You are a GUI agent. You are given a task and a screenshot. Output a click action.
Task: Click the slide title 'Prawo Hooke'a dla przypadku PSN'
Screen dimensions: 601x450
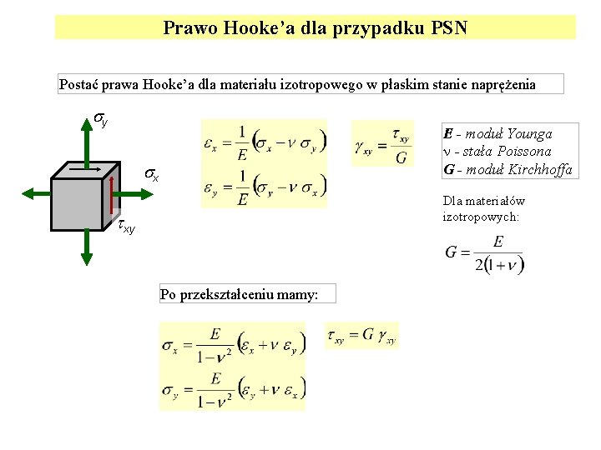316,28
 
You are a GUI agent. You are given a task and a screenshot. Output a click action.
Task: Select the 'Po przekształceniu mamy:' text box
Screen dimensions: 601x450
239,294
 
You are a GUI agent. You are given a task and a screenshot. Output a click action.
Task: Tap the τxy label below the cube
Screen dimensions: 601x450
126,226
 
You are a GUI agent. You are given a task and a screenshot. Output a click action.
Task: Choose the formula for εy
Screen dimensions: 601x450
264,188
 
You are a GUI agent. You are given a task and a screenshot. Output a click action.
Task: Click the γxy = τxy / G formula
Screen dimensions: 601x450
382,144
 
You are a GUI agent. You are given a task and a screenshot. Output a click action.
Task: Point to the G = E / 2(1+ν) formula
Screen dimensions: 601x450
484,255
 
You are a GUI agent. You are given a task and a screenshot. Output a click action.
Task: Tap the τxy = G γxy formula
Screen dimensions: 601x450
364,336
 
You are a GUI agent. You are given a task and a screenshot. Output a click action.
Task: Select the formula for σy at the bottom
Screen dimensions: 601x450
233,390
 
